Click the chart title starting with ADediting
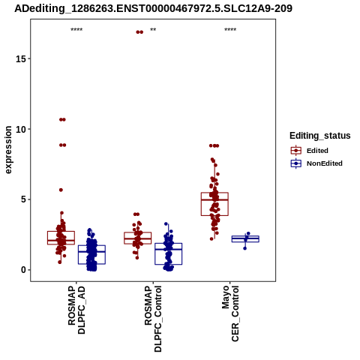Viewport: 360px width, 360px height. pos(153,8)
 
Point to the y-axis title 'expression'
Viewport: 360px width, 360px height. pos(8,150)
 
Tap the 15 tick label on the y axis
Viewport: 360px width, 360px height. pos(21,58)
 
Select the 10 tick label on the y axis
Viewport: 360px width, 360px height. pos(21,129)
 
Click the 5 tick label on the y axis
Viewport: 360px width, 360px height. pos(23,199)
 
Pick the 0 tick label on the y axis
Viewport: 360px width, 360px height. pos(23,270)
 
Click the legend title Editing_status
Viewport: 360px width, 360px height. pos(320,136)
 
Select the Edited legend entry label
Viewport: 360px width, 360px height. pos(317,151)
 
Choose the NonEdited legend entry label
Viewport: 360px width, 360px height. pos(325,163)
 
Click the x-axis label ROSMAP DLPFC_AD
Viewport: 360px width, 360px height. pos(76,310)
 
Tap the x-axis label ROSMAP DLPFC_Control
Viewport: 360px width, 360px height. pos(153,319)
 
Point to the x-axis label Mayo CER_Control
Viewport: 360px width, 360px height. pos(230,313)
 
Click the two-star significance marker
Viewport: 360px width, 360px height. pos(153,30)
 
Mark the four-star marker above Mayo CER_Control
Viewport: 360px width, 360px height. pos(230,30)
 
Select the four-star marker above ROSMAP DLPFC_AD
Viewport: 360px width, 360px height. pos(76,30)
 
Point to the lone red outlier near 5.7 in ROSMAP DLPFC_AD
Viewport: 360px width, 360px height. pos(61,190)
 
